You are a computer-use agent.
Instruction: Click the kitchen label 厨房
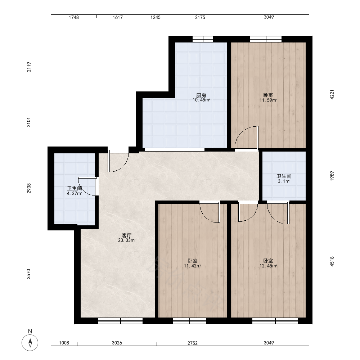click(x=201, y=95)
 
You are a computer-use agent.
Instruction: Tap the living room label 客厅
click(x=126, y=235)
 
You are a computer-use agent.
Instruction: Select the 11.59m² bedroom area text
click(x=268, y=100)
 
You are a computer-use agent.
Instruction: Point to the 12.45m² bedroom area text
click(x=268, y=266)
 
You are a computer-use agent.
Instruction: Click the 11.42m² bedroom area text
click(x=193, y=266)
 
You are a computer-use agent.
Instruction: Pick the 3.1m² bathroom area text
click(x=284, y=181)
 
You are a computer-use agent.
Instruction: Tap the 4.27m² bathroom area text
click(x=74, y=193)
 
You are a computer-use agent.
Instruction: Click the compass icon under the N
click(x=30, y=343)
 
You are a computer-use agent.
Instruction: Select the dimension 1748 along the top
click(x=74, y=17)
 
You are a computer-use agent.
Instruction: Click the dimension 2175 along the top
click(x=200, y=17)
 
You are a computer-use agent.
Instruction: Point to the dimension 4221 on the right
click(x=332, y=94)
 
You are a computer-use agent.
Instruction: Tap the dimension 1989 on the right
click(x=332, y=176)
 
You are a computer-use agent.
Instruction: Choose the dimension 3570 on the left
click(x=29, y=274)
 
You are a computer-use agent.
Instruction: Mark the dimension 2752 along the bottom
click(x=192, y=343)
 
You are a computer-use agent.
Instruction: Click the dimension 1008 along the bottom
click(x=64, y=343)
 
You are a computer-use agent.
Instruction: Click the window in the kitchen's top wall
click(x=202, y=39)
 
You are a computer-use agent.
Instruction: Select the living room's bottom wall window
click(x=120, y=321)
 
